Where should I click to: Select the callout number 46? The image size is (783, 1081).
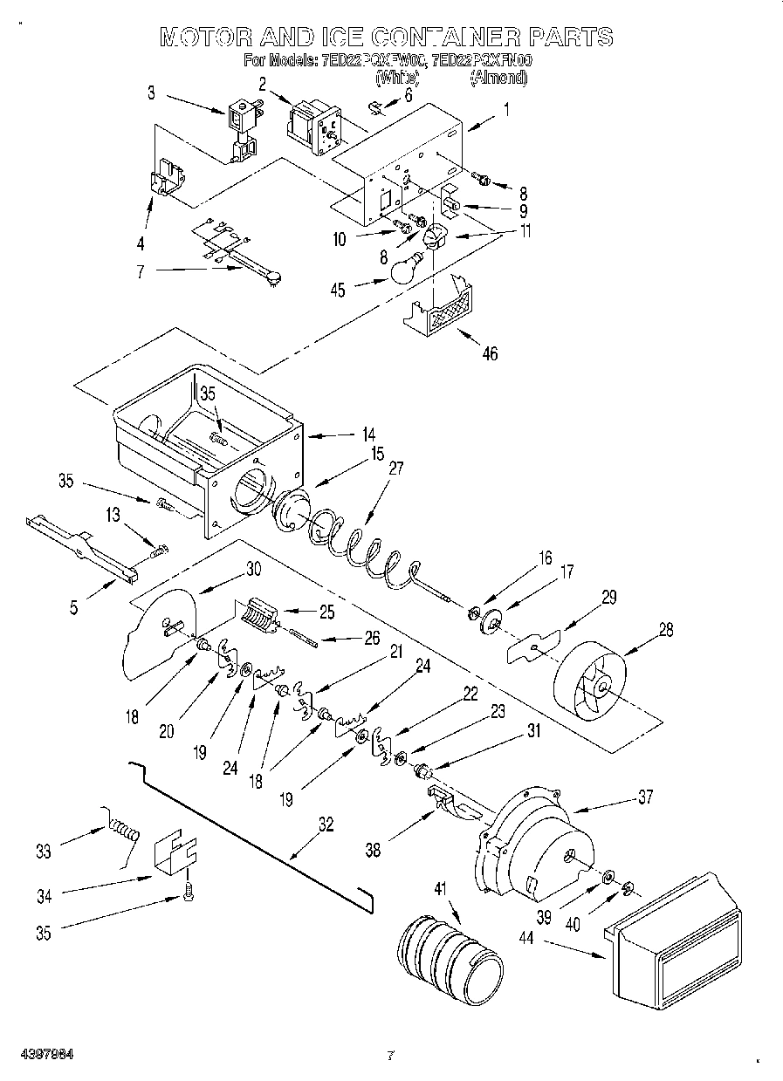[x=491, y=353]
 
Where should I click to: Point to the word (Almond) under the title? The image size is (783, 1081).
[x=498, y=78]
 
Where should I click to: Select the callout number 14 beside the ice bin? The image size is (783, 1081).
[x=369, y=433]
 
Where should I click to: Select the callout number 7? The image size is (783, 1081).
[x=141, y=271]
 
